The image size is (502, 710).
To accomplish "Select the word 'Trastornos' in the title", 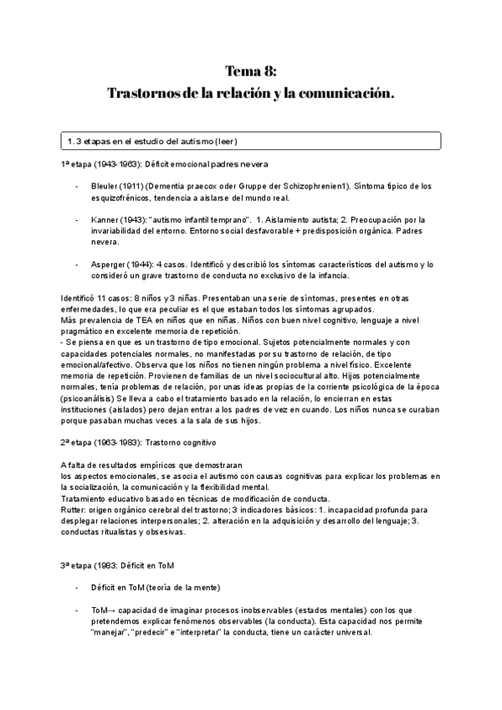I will point(140,92).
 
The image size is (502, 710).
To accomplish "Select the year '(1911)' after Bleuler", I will point(143,186).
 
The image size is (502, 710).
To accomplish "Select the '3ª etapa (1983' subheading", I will point(89,565).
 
